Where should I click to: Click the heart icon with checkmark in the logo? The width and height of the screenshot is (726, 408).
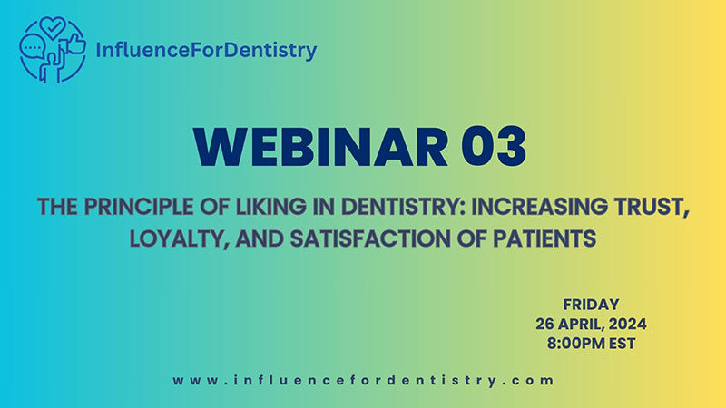click(53, 27)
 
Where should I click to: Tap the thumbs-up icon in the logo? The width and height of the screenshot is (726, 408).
click(76, 44)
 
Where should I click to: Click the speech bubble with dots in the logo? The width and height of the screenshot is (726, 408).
click(33, 47)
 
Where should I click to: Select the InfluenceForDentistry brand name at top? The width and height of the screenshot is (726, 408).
click(206, 50)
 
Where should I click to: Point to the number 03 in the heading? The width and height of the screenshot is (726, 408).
click(494, 147)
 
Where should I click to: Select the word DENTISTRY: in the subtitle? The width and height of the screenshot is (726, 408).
click(403, 207)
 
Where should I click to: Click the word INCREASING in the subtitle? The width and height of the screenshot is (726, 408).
click(539, 207)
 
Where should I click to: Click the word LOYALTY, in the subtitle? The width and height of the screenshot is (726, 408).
click(179, 239)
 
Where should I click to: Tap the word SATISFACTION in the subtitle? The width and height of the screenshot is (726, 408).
click(369, 238)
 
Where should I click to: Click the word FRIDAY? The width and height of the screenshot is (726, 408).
click(592, 305)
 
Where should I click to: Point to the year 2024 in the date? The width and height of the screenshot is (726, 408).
click(627, 324)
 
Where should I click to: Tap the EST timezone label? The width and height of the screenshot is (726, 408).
click(623, 344)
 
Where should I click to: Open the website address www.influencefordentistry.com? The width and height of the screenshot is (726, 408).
click(363, 380)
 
